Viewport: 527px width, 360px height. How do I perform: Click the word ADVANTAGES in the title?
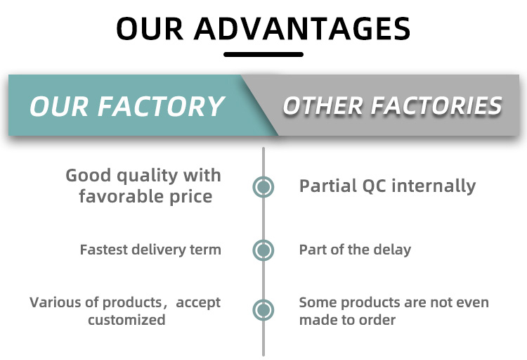click(302, 29)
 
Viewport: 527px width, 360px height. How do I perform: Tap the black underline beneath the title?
click(263, 55)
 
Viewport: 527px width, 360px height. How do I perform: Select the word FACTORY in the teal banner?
click(161, 106)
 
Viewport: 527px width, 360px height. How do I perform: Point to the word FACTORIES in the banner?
click(436, 105)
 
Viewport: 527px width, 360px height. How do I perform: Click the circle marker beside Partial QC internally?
click(263, 187)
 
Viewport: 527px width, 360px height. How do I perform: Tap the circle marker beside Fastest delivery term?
click(263, 250)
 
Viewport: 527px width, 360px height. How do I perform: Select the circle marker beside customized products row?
click(263, 310)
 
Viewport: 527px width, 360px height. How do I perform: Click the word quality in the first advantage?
click(148, 176)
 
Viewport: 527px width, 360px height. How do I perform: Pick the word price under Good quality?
click(190, 197)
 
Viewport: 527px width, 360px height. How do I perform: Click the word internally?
click(434, 186)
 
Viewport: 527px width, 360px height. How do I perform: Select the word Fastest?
click(104, 250)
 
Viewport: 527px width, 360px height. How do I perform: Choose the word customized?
click(126, 320)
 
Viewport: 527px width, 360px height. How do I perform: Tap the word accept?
click(198, 303)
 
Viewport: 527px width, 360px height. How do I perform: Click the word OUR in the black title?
click(150, 29)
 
